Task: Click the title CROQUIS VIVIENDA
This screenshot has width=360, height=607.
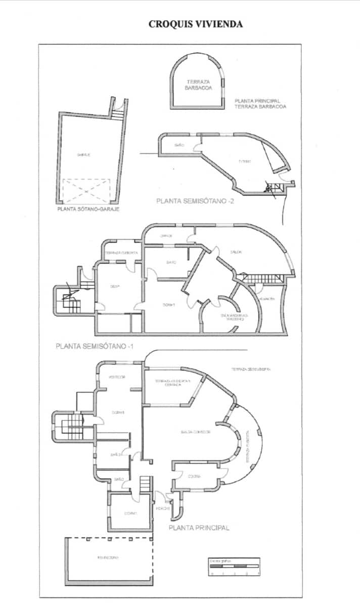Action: click(195, 24)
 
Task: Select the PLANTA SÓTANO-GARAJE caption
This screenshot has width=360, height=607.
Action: click(88, 208)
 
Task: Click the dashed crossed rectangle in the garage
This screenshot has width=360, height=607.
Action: click(86, 191)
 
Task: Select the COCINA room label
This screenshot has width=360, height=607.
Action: click(195, 476)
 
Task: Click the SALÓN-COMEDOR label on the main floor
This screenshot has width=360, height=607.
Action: click(196, 432)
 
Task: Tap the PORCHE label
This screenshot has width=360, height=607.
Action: click(162, 508)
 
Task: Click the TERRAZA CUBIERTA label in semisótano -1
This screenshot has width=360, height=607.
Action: click(121, 252)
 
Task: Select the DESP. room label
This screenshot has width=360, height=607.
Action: click(115, 286)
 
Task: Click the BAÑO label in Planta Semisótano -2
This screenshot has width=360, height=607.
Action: click(178, 145)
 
